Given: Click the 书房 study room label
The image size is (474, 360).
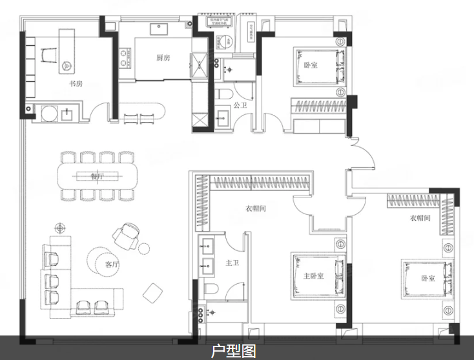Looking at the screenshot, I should tap(76, 84).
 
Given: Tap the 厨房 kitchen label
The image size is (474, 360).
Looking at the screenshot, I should tap(163, 58).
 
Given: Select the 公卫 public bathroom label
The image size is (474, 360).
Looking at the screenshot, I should tap(240, 105).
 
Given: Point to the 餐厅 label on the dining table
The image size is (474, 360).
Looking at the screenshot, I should tap(98, 175).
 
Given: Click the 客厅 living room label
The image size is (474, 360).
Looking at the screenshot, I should tap(112, 264).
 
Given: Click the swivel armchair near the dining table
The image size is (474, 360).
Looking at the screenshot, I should tap(127, 234).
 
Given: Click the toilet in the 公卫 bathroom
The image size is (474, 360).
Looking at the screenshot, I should tap(223, 94).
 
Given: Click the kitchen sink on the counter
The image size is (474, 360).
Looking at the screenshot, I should tap(159, 28).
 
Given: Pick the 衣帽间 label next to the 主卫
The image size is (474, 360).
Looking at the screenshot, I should tap(256, 208).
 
